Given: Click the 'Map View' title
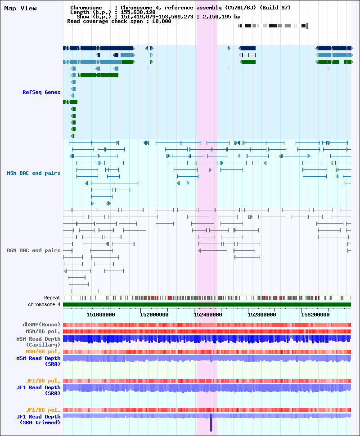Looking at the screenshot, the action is (20, 9).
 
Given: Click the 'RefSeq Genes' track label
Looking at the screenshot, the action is (41, 92).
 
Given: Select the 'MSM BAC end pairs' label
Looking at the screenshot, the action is (34, 173).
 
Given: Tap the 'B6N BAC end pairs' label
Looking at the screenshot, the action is (34, 250).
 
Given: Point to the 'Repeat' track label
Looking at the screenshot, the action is (52, 298).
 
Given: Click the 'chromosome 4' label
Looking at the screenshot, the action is (44, 304).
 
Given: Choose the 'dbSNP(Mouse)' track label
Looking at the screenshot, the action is (41, 325).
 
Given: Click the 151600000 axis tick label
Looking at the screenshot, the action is (100, 315).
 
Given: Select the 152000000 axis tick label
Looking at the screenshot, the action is (154, 315).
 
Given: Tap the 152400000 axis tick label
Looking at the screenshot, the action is (208, 315).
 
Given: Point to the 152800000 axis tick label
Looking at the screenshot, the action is (262, 315).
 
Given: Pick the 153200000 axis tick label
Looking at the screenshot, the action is (315, 315).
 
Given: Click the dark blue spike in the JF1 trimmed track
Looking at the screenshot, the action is (211, 423).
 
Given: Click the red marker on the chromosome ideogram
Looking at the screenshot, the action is (307, 26).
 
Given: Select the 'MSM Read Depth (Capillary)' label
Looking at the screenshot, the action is (38, 342).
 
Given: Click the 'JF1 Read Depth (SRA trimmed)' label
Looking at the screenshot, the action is (38, 419).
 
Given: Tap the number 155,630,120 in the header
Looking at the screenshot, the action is (138, 12).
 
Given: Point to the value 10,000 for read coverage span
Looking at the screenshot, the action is (162, 22).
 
